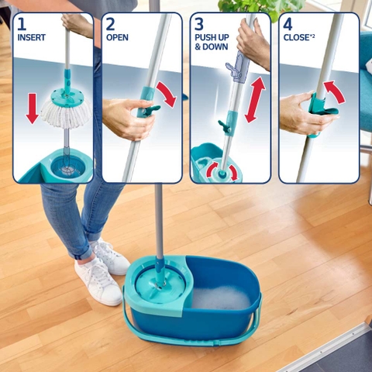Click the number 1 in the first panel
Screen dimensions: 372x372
pos(22,24)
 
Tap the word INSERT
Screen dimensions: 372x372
pos(31,37)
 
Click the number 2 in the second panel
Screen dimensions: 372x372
pos(110,24)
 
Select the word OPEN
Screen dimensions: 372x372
pos(117,37)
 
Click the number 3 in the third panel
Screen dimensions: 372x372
pos(199,24)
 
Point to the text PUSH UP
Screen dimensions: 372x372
pos(212,37)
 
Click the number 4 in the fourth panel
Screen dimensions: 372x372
pos(288,24)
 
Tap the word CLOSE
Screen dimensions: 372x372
pos(296,37)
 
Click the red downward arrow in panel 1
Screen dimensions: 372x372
pos(32,108)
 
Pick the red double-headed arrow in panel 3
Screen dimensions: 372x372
pos(255,100)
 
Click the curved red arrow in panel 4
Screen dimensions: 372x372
pos(336,91)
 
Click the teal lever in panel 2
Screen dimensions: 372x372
pos(153,108)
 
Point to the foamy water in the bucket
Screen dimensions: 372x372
pos(222,298)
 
